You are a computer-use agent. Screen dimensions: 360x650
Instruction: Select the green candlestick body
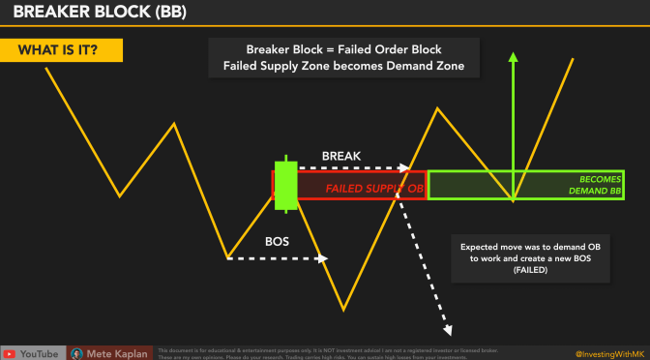click(285, 184)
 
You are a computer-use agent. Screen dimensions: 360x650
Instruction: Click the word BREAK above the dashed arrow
click(342, 155)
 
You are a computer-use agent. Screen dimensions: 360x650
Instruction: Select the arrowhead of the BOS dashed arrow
click(324, 258)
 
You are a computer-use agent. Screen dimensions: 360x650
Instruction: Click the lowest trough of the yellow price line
click(343, 311)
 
